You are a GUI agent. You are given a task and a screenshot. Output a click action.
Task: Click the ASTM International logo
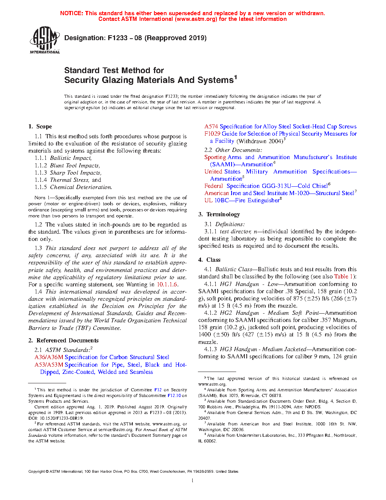[44, 40]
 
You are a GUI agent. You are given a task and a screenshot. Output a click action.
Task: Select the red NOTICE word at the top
[72, 13]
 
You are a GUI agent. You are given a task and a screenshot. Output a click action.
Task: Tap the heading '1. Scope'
[40, 127]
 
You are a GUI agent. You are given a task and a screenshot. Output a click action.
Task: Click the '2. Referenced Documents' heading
[63, 341]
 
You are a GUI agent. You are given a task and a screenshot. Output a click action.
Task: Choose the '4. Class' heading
[209, 260]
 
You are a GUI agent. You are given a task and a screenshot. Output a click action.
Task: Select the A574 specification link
[211, 127]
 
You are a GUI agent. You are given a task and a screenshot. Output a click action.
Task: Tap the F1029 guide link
[212, 134]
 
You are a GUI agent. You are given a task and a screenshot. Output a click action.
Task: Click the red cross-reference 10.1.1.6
[167, 284]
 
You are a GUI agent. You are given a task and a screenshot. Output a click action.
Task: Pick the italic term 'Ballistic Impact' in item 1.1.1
[70, 158]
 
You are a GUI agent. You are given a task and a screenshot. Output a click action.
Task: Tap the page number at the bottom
[193, 481]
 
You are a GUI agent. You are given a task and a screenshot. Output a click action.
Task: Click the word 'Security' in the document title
[81, 80]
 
